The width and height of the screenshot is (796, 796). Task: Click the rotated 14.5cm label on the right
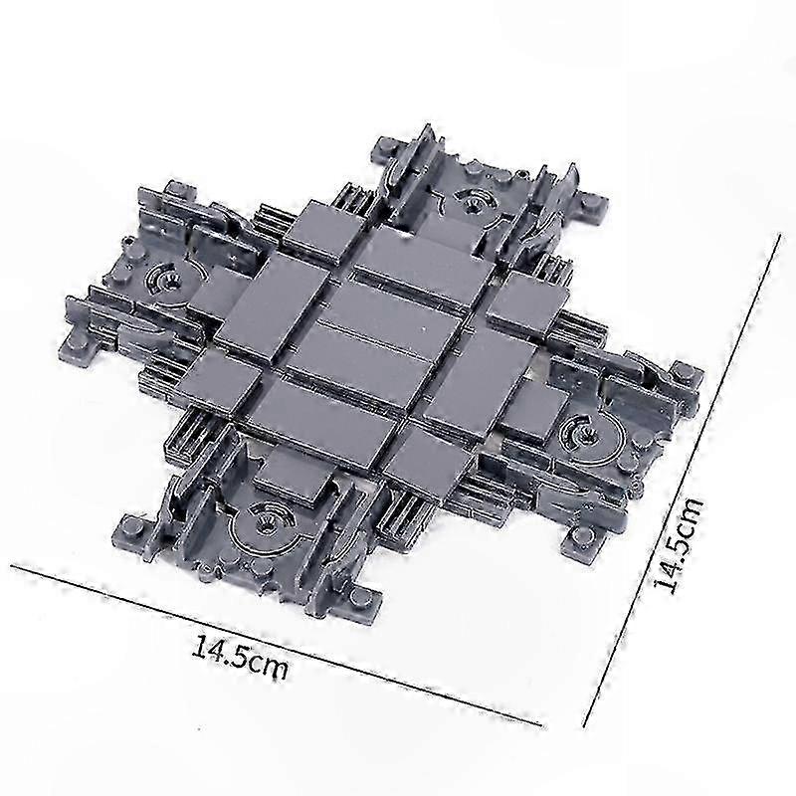679,545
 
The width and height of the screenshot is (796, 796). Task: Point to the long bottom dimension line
276,644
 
